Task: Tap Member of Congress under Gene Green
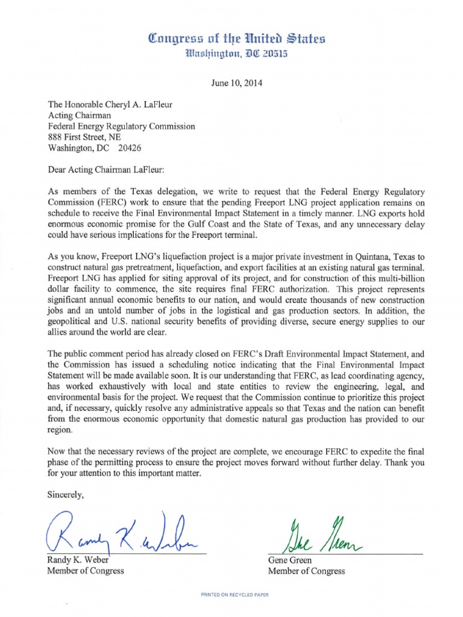pyautogui.click(x=306, y=571)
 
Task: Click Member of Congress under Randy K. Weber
pyautogui.click(x=86, y=571)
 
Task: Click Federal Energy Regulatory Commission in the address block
pyautogui.click(x=121, y=127)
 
